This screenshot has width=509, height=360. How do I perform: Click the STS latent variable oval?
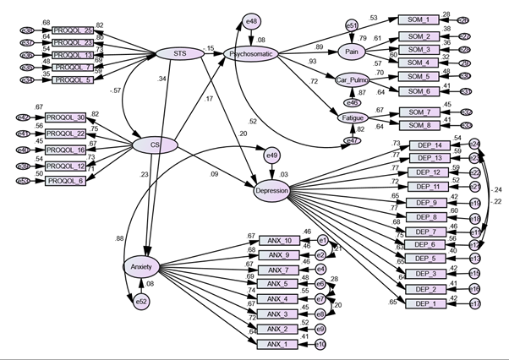[x=178, y=55]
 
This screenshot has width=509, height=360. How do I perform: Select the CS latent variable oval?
[x=155, y=146]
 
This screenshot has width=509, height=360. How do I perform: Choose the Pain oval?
[x=348, y=52]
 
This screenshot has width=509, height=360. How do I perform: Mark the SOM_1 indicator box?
[x=419, y=19]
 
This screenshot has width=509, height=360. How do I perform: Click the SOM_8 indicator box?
[x=419, y=126]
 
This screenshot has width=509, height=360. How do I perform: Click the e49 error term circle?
[x=271, y=155]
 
